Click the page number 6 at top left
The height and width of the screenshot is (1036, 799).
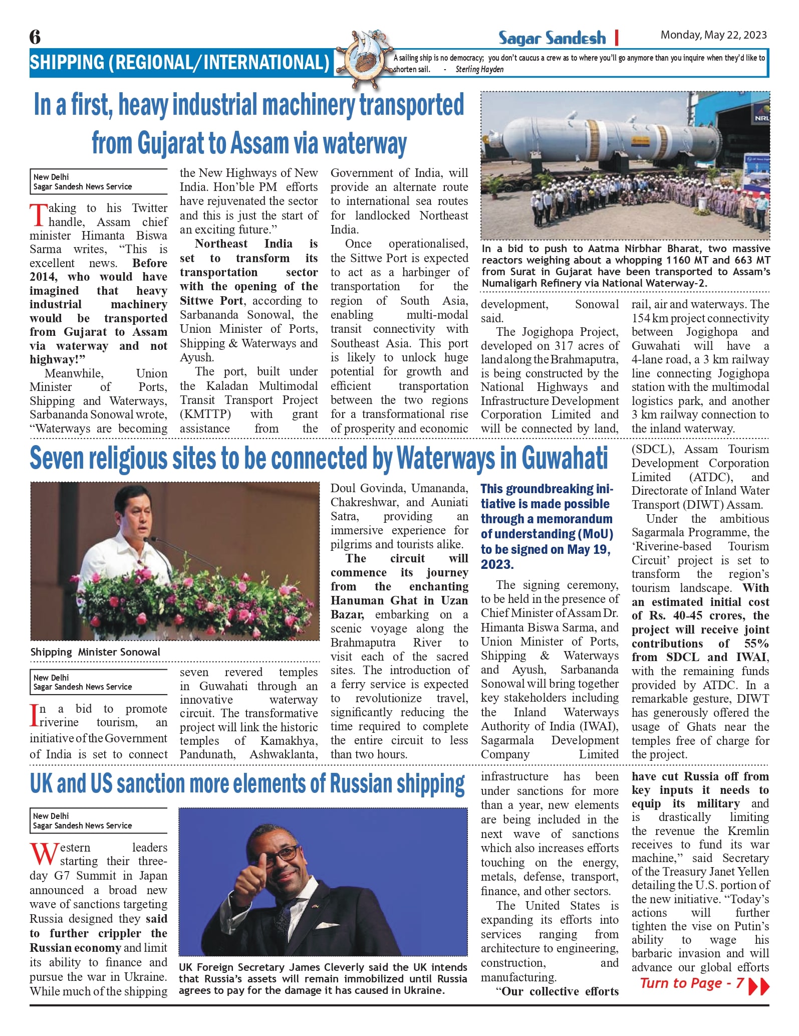35,37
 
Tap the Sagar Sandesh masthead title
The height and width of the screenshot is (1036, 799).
552,38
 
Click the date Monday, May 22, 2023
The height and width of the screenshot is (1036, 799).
713,35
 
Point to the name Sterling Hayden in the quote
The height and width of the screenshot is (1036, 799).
479,70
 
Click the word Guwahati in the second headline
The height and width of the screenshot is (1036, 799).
565,458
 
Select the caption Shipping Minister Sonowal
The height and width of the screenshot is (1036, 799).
95,652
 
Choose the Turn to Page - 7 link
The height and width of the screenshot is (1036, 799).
692,983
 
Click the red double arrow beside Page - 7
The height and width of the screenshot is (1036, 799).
758,985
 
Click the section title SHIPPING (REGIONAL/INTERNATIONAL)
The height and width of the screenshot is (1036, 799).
179,63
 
